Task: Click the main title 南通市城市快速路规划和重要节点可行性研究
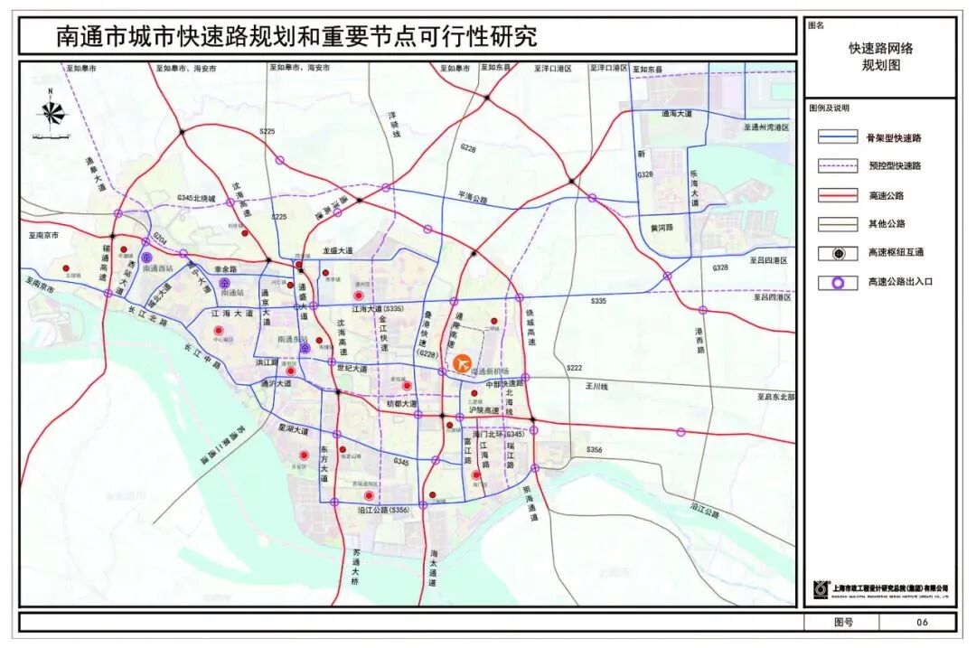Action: (x=296, y=36)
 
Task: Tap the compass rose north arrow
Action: (x=52, y=112)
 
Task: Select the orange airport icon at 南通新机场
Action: (x=463, y=363)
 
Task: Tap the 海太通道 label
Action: (x=433, y=569)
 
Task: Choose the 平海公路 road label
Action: (x=472, y=196)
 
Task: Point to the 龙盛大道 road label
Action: (x=339, y=249)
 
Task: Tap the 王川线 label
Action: (x=596, y=386)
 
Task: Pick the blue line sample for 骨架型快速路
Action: (x=837, y=137)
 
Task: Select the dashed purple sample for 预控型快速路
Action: (x=837, y=166)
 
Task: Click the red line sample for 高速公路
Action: (x=837, y=195)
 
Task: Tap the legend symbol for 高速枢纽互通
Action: (x=837, y=253)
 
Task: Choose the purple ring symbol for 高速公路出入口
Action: (x=837, y=282)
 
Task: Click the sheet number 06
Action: (x=922, y=622)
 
